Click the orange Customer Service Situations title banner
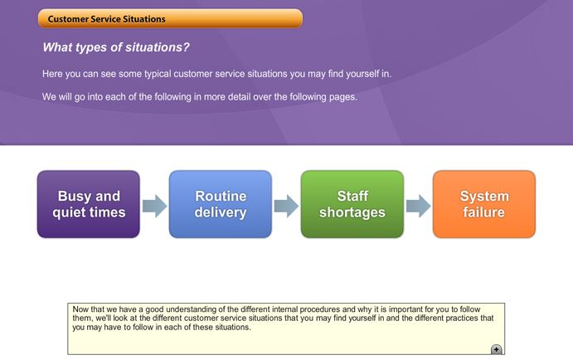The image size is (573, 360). pos(170,18)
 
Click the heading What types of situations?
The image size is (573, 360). pos(116,47)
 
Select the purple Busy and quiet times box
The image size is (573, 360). pos(89,204)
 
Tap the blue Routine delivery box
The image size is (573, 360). pos(221,204)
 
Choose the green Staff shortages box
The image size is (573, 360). pos(352,204)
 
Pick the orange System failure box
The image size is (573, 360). pos(484,204)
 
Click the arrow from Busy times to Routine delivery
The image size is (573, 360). pos(154,207)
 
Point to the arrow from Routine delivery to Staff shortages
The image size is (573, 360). pos(286,207)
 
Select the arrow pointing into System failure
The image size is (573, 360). pos(419,207)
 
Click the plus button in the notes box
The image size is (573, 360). pos(496,349)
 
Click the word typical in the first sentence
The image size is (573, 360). pos(158,74)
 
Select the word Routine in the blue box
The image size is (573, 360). pos(221,197)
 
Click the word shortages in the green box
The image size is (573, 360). pos(352,212)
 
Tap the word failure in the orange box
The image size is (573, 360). pos(483,212)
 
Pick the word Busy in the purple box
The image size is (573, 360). pos(73,197)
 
